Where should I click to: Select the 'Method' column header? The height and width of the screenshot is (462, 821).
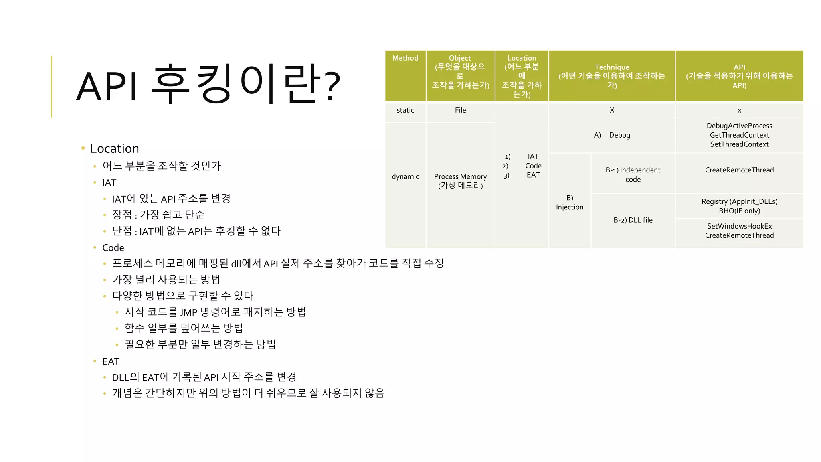click(405, 58)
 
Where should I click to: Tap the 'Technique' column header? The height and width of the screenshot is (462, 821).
click(612, 67)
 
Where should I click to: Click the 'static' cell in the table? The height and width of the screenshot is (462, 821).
click(405, 110)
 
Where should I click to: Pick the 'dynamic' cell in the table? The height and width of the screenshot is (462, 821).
click(405, 176)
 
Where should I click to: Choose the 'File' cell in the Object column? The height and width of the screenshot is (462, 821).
click(460, 110)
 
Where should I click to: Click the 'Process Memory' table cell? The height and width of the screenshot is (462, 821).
click(460, 176)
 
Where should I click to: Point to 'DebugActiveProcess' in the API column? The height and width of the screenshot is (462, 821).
click(739, 126)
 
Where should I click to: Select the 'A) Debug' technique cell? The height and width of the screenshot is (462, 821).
click(612, 135)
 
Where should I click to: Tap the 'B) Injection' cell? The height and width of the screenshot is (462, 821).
click(570, 203)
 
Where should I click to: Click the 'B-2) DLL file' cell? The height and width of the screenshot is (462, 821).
click(633, 220)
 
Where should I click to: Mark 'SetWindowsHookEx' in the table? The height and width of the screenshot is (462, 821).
click(739, 226)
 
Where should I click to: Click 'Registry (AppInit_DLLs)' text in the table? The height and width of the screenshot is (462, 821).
click(739, 201)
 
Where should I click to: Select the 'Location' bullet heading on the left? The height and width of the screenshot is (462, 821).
click(114, 148)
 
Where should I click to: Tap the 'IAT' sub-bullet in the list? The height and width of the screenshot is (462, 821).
click(109, 183)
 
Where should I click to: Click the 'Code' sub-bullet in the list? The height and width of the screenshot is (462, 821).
click(113, 248)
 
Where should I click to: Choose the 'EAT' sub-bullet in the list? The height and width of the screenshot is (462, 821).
click(111, 361)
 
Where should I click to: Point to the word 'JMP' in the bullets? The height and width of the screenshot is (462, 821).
click(188, 312)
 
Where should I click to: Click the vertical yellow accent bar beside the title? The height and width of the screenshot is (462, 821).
click(51, 86)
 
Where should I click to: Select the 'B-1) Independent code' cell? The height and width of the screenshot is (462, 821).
click(633, 174)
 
